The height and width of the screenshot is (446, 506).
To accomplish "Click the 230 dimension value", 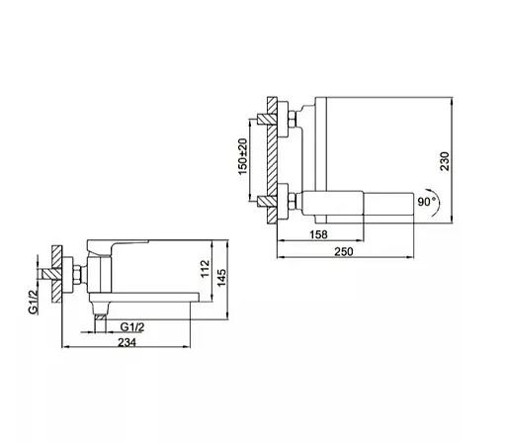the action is (x=445, y=161).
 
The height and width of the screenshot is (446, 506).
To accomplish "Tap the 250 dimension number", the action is (x=344, y=252).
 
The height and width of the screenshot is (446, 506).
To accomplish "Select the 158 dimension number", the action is (x=318, y=234).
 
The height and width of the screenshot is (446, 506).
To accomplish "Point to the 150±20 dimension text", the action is (x=242, y=156).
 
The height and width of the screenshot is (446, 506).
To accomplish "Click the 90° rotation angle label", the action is (x=426, y=202).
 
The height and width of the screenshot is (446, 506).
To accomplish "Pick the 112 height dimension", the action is (x=205, y=269).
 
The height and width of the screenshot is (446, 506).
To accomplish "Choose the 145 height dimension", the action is (x=221, y=278).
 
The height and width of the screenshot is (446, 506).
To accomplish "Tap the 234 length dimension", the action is (x=126, y=342).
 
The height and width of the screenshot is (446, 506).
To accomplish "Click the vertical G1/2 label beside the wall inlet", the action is (x=34, y=302).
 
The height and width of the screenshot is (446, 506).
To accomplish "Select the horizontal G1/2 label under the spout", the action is (x=132, y=327).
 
